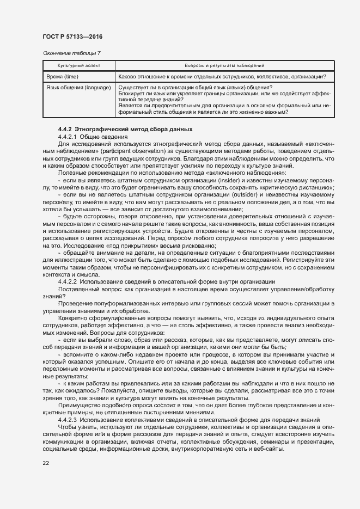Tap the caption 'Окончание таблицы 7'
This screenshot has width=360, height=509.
(71, 53)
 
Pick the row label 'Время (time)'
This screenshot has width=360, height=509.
(62, 76)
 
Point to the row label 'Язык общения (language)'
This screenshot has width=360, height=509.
(78, 88)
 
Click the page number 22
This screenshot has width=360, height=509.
(45, 463)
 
